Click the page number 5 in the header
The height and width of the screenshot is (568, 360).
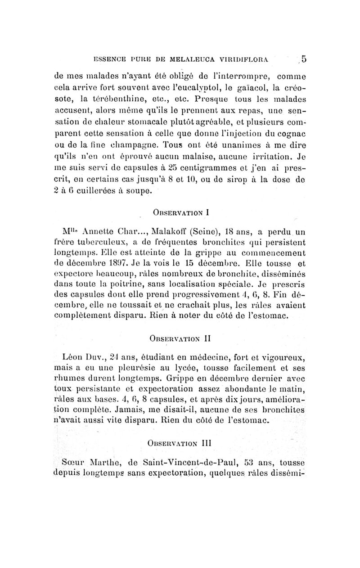304,58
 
